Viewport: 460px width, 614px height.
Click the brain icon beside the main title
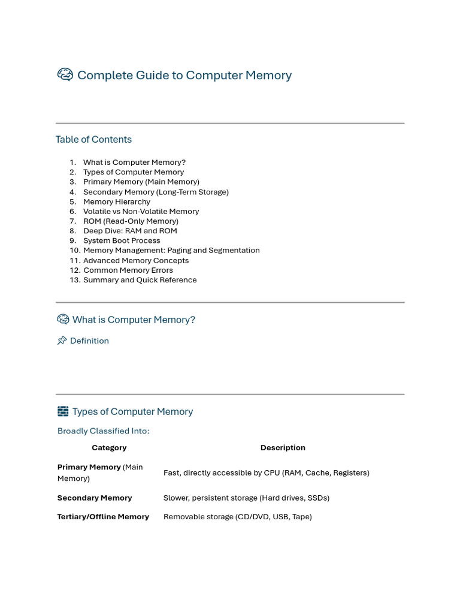pyautogui.click(x=65, y=75)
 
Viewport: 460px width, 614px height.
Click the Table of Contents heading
pyautogui.click(x=93, y=139)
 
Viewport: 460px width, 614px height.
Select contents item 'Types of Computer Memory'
pyautogui.click(x=134, y=172)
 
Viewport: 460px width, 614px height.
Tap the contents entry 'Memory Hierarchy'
pyautogui.click(x=117, y=201)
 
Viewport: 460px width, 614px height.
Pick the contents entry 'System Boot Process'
pyautogui.click(x=122, y=240)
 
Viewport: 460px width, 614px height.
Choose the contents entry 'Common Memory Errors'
pyautogui.click(x=128, y=270)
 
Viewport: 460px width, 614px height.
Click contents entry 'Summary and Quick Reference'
pyautogui.click(x=140, y=280)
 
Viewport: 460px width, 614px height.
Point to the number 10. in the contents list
pyautogui.click(x=75, y=250)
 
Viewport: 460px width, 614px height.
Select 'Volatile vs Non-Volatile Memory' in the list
pyautogui.click(x=141, y=211)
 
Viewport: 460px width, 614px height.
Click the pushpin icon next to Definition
pyautogui.click(x=62, y=341)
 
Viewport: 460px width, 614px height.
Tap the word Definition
pyautogui.click(x=89, y=341)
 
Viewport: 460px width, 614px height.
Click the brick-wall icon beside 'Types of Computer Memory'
pyautogui.click(x=63, y=411)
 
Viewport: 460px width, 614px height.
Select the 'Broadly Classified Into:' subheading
pyautogui.click(x=104, y=431)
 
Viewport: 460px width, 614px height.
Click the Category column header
pyautogui.click(x=109, y=447)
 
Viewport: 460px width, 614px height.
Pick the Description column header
pyautogui.click(x=283, y=447)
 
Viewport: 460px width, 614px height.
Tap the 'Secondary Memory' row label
pyautogui.click(x=95, y=498)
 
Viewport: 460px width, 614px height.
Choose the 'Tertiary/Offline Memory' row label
pyautogui.click(x=103, y=516)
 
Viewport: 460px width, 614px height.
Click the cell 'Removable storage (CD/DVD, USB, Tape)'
pyautogui.click(x=238, y=516)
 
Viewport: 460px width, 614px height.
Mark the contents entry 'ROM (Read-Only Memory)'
pyautogui.click(x=131, y=221)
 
